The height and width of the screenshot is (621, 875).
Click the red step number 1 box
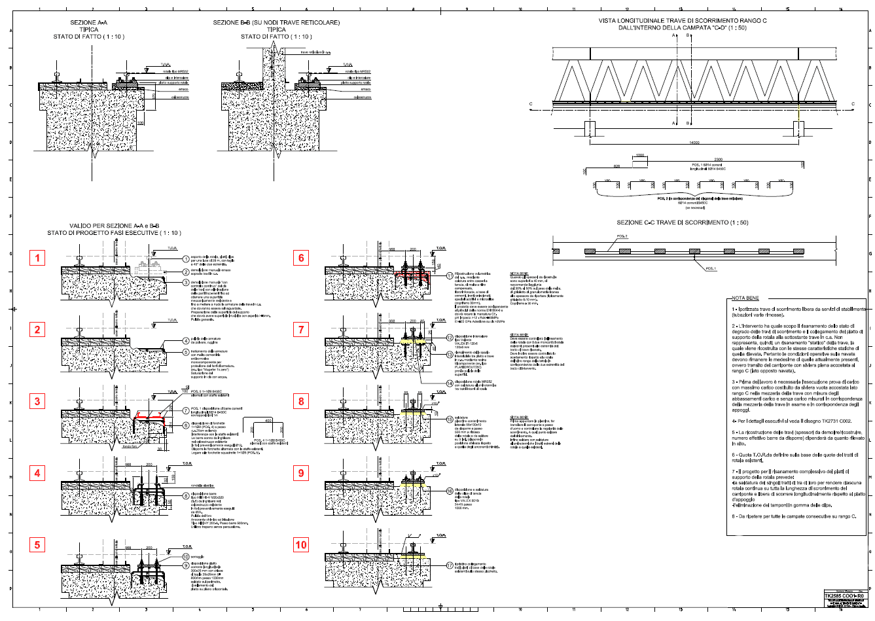tap(37, 258)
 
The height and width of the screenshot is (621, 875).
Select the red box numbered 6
tap(301, 258)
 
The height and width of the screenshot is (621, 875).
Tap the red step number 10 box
tap(301, 544)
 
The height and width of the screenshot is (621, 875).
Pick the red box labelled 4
tap(37, 473)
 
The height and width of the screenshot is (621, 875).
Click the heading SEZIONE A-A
tap(88, 23)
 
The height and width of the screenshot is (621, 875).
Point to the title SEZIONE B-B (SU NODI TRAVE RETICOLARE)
tap(276, 23)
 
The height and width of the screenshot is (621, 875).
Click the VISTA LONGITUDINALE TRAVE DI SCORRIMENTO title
tap(683, 21)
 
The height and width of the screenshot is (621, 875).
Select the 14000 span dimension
tap(694, 143)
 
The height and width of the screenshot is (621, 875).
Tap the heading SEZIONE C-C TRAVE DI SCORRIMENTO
tap(683, 222)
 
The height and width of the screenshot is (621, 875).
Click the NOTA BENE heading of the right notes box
tap(745, 298)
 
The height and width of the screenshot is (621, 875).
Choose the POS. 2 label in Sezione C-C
tap(622, 236)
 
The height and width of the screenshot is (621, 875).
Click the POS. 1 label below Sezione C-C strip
tap(711, 268)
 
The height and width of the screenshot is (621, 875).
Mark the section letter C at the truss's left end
tap(531, 104)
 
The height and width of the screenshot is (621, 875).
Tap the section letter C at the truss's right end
tap(853, 104)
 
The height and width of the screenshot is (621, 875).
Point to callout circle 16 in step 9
tap(450, 490)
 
